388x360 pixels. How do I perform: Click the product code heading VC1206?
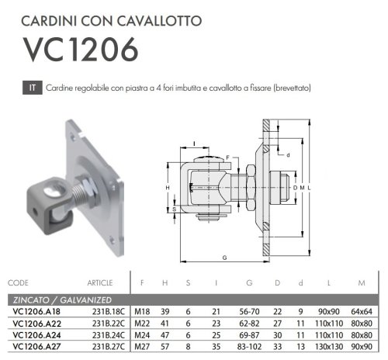[81, 48]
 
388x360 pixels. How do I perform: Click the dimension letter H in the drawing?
[167, 188]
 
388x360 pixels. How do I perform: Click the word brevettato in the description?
[291, 88]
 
